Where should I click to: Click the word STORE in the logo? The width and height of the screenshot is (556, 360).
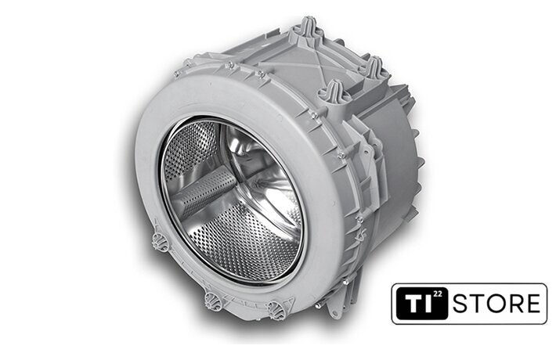(496, 304)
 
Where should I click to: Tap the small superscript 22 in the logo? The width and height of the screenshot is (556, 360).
(439, 294)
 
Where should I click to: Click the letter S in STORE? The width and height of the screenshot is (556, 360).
(460, 304)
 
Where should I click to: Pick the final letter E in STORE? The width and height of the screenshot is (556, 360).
(533, 304)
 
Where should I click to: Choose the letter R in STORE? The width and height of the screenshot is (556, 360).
(515, 304)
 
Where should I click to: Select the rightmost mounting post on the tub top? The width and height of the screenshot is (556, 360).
(372, 67)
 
